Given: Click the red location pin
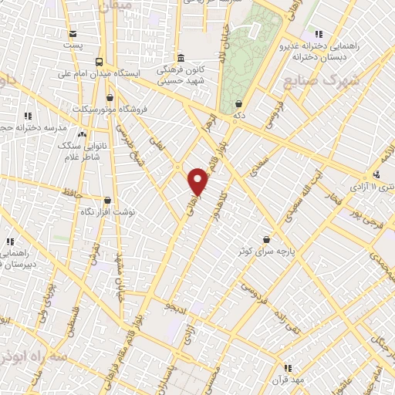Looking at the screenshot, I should click(x=198, y=181).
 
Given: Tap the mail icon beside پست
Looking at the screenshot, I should click(x=73, y=34).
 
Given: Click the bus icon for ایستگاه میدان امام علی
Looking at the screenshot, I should click(x=99, y=62).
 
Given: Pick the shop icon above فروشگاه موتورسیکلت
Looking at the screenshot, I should click(x=110, y=98).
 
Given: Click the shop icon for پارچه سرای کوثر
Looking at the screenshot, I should click(x=266, y=240).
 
